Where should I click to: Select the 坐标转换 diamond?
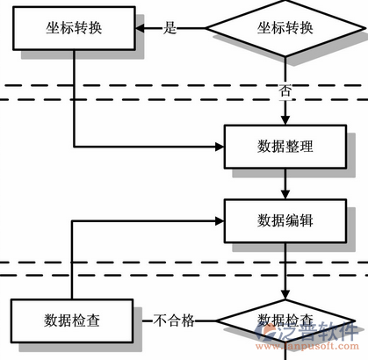point(285,27)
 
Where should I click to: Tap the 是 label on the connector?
point(170,27)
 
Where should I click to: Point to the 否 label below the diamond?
point(285,90)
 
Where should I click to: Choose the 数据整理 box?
point(285,146)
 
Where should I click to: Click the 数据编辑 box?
point(285,220)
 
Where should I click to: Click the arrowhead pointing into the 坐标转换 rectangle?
point(140,27)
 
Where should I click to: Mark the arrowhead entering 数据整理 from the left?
point(220,145)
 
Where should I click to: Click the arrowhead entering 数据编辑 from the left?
point(220,220)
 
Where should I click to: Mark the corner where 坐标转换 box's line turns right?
point(73,145)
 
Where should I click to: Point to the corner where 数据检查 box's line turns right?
point(73,220)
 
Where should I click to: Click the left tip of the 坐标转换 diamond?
point(205,27)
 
